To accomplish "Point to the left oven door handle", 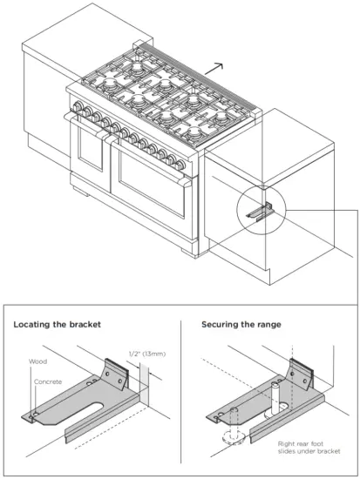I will [88, 128].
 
